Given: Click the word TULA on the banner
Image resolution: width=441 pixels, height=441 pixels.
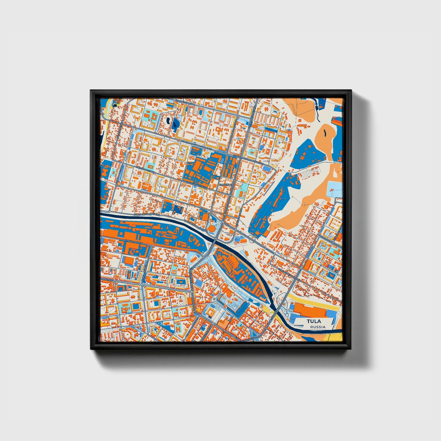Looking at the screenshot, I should click(314, 321).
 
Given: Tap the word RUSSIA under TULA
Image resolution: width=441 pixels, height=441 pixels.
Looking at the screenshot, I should click(317, 327).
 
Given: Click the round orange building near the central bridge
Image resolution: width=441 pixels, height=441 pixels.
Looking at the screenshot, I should click(211, 228).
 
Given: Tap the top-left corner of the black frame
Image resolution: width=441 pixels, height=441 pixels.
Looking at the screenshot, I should click(91, 91).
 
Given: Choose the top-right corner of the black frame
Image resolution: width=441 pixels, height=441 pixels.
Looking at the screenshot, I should click(351, 91).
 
